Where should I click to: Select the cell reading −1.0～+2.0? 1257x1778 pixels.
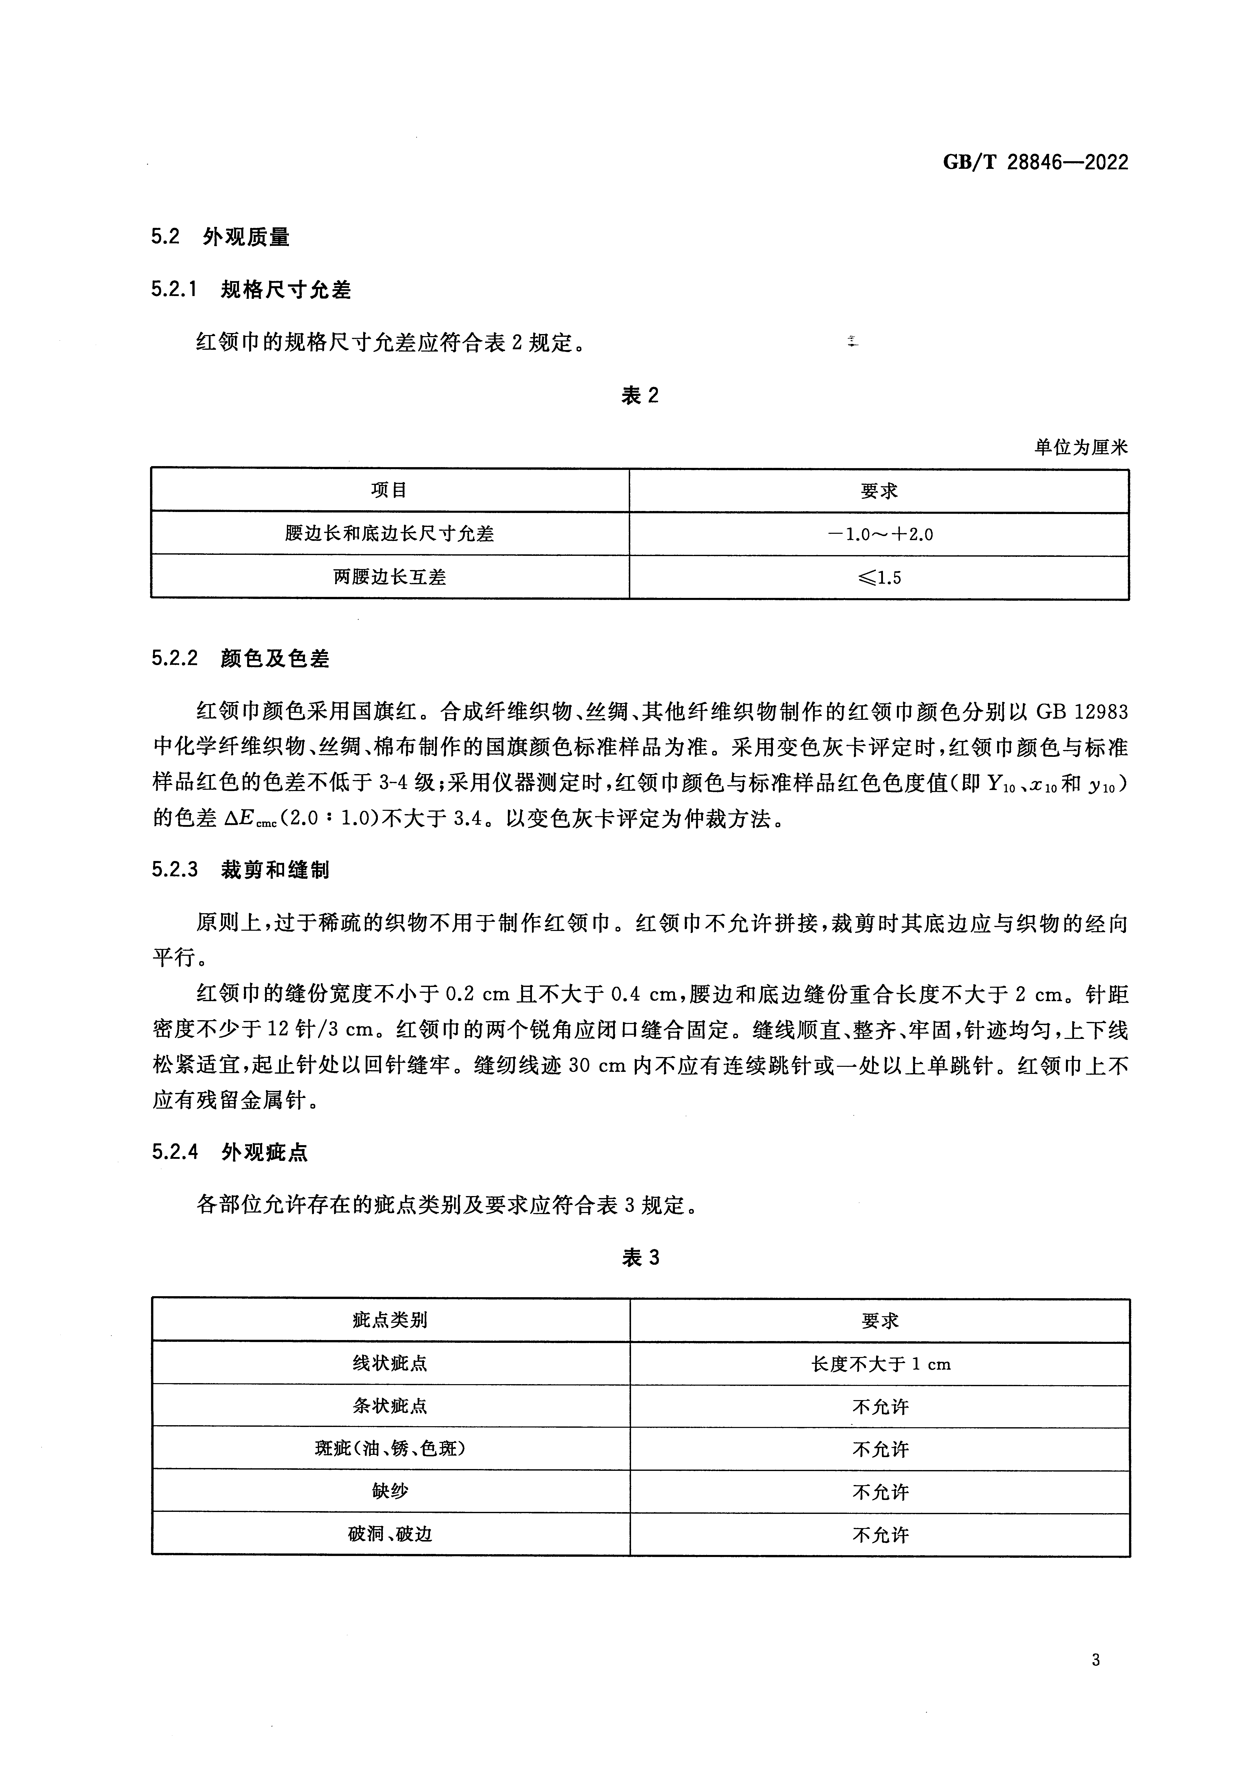pyautogui.click(x=879, y=534)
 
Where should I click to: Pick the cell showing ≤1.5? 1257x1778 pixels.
pyautogui.click(x=879, y=578)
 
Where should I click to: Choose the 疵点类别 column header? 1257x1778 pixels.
pyautogui.click(x=390, y=1320)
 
